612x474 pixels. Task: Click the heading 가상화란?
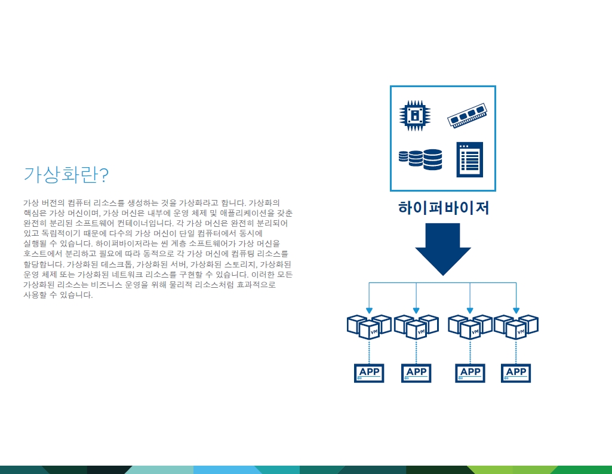click(x=66, y=174)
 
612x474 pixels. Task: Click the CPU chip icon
click(x=415, y=115)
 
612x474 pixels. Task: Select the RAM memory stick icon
click(x=467, y=115)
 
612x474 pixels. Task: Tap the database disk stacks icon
click(x=420, y=159)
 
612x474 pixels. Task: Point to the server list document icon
click(x=469, y=159)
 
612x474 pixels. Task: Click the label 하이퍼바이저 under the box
click(x=444, y=208)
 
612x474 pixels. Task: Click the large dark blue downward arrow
click(x=443, y=250)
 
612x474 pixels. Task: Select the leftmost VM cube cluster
click(x=369, y=327)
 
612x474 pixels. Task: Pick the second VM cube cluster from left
click(x=416, y=327)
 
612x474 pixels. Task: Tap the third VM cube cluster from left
click(x=470, y=327)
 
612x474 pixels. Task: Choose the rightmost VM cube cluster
click(x=516, y=327)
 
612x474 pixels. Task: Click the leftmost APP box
click(x=369, y=373)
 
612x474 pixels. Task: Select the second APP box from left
click(x=416, y=373)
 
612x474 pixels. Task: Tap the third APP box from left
click(x=470, y=373)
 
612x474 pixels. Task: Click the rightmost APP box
click(x=516, y=373)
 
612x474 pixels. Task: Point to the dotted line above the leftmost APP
click(x=369, y=352)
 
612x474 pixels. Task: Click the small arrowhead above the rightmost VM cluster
click(x=516, y=310)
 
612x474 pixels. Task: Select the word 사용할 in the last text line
click(x=35, y=295)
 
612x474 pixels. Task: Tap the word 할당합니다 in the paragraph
click(x=44, y=264)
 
